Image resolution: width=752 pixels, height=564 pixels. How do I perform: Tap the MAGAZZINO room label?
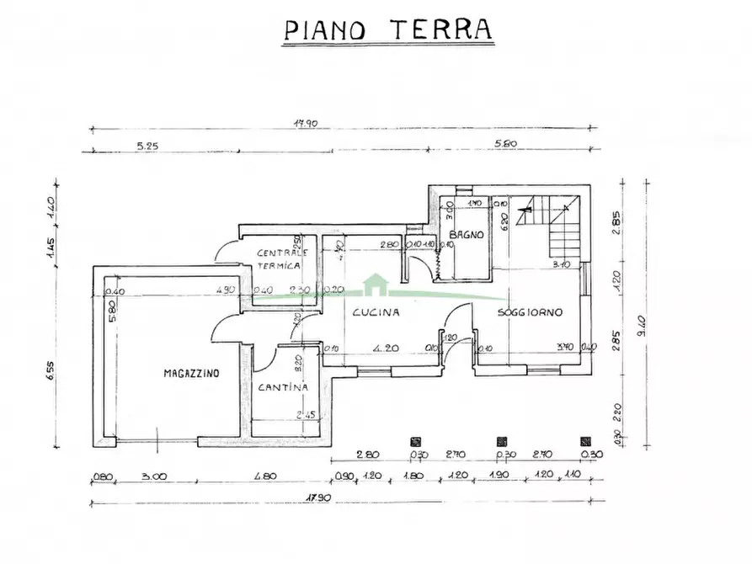[x=191, y=372]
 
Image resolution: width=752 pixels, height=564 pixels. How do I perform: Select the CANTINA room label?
[x=283, y=387]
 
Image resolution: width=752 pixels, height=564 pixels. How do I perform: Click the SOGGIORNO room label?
[x=529, y=312]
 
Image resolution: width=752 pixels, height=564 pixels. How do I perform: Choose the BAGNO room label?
[x=466, y=235]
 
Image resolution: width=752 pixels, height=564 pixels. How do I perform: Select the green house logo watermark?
[x=376, y=286]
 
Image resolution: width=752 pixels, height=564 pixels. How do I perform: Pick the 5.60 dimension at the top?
[x=506, y=144]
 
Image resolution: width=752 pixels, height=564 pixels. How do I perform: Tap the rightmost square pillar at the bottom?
[x=585, y=440]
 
